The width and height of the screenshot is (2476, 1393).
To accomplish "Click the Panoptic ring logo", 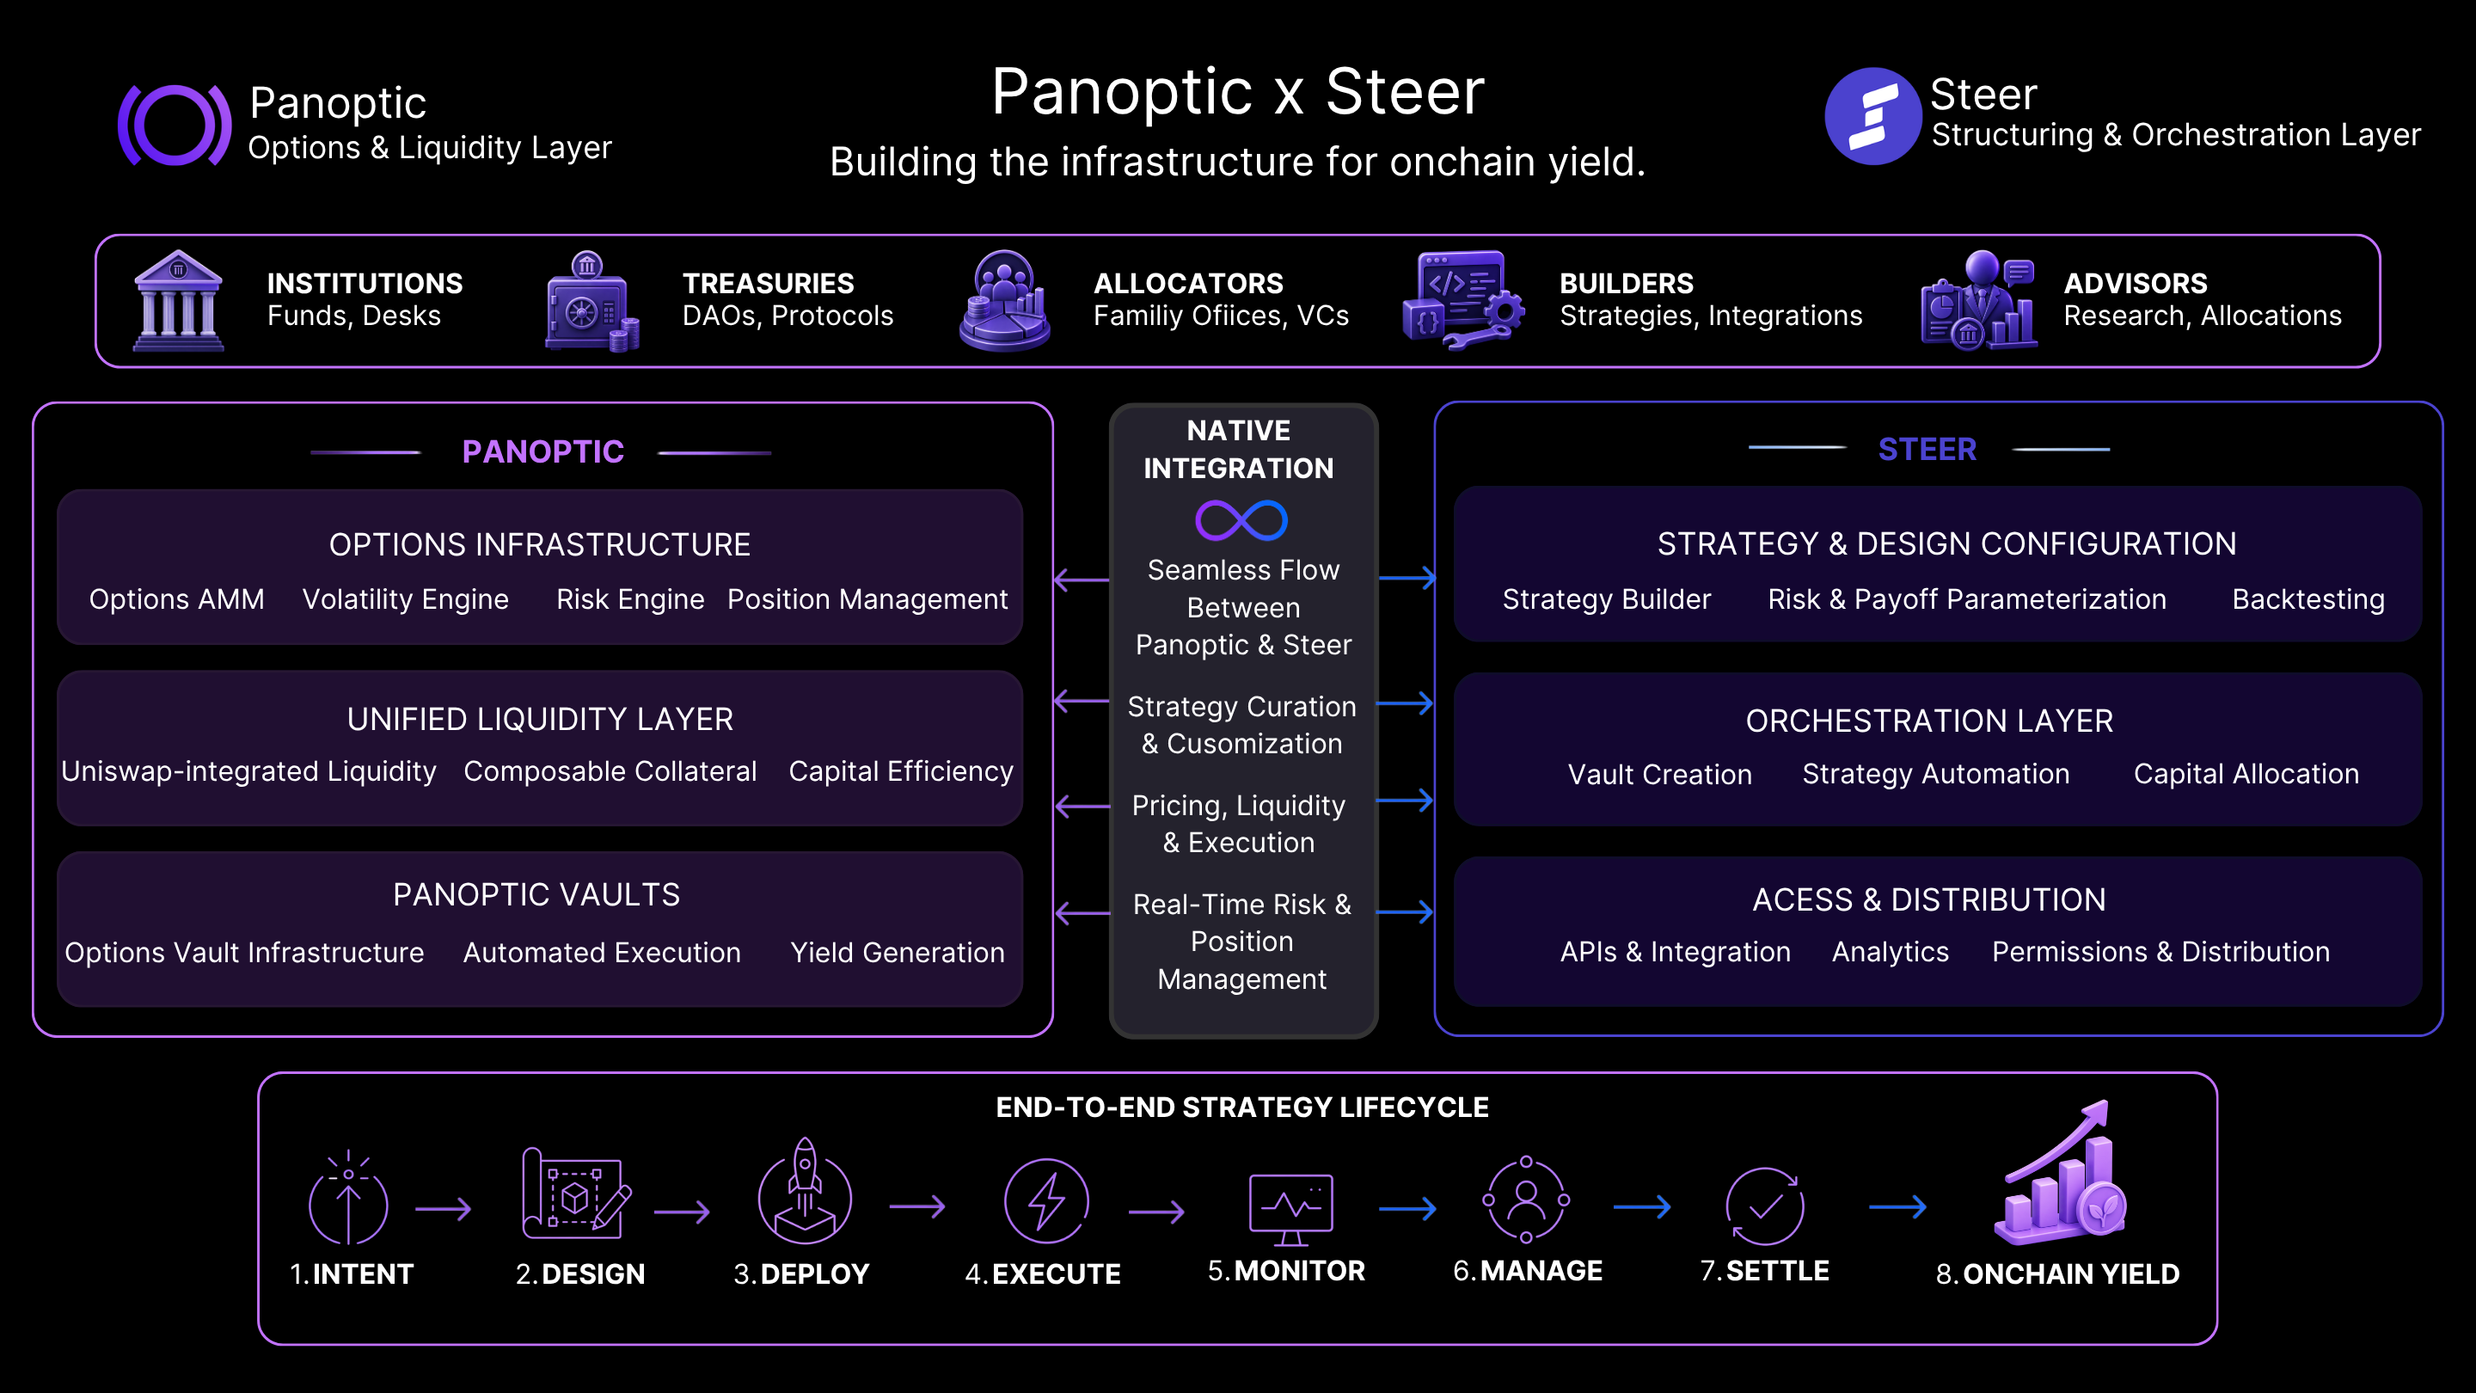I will (x=174, y=125).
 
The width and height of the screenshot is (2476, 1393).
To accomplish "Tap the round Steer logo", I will (x=1872, y=116).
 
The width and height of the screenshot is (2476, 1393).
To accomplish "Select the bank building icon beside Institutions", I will (x=178, y=300).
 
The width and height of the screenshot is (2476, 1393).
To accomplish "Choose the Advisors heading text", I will (x=2135, y=284).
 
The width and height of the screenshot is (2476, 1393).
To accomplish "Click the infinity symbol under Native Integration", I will (x=1241, y=520).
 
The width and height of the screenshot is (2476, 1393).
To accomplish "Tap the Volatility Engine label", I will (x=405, y=599).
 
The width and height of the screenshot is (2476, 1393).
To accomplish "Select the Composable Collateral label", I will (x=610, y=771).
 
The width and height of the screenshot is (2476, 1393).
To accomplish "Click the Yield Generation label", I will (x=897, y=952).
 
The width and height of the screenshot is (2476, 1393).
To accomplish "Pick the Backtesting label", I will (x=2307, y=599).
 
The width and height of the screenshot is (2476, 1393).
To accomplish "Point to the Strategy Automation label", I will (x=1935, y=774).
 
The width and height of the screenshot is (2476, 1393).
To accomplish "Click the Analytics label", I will (x=1890, y=952).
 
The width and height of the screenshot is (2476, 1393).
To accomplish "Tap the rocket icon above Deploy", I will (x=805, y=1192).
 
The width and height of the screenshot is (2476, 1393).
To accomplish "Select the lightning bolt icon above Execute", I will (x=1045, y=1200).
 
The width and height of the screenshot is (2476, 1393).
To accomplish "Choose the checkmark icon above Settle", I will (x=1765, y=1206).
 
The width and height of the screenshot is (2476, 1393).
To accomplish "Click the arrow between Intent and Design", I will (x=443, y=1208).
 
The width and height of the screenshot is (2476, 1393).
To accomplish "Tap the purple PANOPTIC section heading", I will (x=543, y=451).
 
